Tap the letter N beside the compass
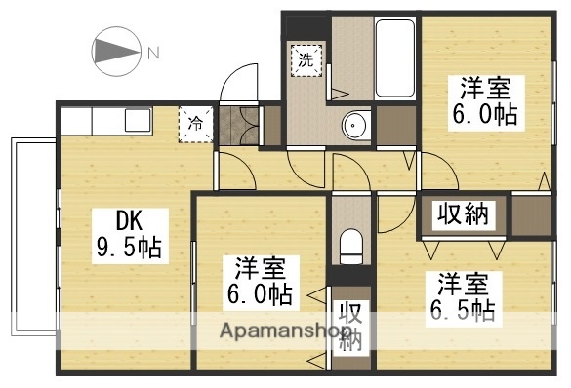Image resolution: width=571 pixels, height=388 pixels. click(x=152, y=52)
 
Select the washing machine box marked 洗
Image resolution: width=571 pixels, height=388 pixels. click(x=306, y=60)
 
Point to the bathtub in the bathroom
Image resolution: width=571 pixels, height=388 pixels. click(x=396, y=55)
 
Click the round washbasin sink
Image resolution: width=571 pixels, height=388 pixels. click(x=355, y=124)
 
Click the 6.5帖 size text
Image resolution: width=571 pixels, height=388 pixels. click(x=463, y=312)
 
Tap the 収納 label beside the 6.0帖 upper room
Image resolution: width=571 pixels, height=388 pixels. click(x=462, y=214)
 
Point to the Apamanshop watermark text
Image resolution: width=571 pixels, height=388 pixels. click(x=276, y=330)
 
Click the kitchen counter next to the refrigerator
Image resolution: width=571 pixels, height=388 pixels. click(x=117, y=121)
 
